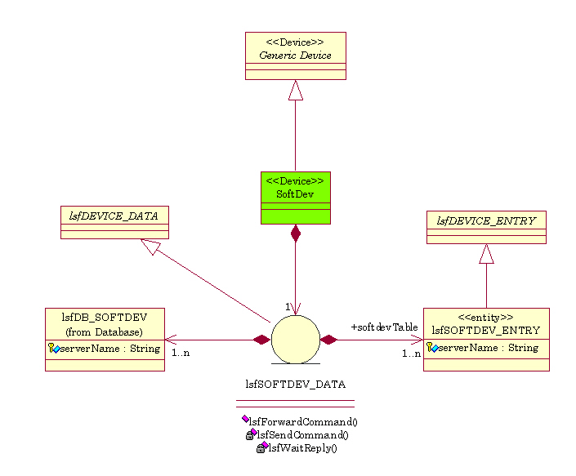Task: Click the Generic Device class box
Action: pos(295,56)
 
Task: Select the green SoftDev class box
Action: pos(295,197)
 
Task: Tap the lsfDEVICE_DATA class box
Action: pos(114,221)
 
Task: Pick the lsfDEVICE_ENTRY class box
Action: pos(486,227)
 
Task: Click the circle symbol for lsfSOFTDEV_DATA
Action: pos(295,339)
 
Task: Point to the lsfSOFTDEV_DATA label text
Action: pos(295,383)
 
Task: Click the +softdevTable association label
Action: pos(384,327)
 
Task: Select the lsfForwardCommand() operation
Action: pos(303,421)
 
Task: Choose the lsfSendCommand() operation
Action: pos(301,434)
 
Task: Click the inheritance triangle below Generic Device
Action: pos(296,90)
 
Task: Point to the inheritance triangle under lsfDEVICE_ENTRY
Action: pos(486,254)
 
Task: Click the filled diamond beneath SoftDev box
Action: pos(296,234)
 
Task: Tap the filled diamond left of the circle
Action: pos(261,340)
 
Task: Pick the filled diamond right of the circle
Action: pos(328,340)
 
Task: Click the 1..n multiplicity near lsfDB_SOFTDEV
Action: pos(181,353)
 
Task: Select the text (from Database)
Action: pos(105,331)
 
